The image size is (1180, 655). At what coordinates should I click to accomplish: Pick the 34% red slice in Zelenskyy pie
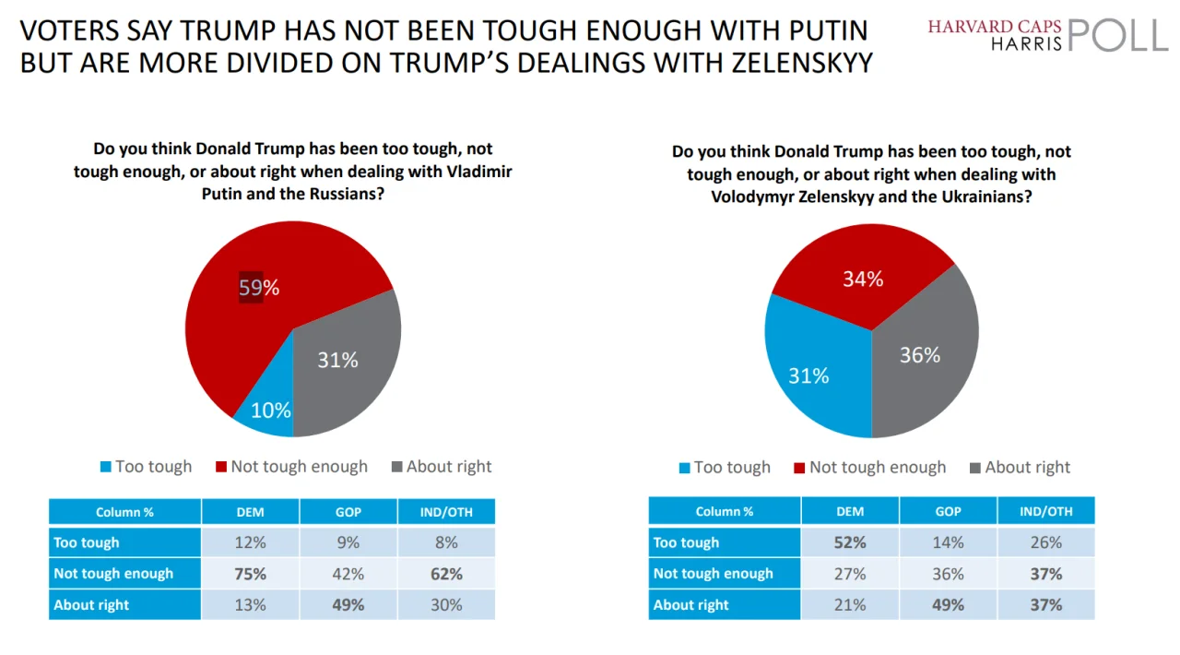tap(862, 277)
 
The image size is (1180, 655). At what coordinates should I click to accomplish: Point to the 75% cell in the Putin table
tap(250, 574)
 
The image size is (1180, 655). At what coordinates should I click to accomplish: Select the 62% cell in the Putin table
tap(446, 574)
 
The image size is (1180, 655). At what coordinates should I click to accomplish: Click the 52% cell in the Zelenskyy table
tap(850, 542)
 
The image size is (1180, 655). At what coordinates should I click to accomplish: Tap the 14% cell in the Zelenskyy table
tap(948, 542)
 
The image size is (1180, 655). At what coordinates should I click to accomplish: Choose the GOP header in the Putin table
tap(348, 512)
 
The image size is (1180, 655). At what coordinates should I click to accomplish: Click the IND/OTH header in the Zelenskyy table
tap(1046, 511)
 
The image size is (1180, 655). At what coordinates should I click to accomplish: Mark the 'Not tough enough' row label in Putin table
tap(113, 574)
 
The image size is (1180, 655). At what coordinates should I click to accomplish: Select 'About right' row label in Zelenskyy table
tap(691, 605)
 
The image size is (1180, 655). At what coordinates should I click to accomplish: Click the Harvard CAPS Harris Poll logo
tap(1047, 35)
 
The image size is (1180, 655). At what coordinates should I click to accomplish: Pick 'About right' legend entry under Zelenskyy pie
tap(1020, 468)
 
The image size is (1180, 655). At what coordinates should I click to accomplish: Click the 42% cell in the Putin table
tap(348, 574)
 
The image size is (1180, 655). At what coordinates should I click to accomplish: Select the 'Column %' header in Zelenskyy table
tap(725, 511)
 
